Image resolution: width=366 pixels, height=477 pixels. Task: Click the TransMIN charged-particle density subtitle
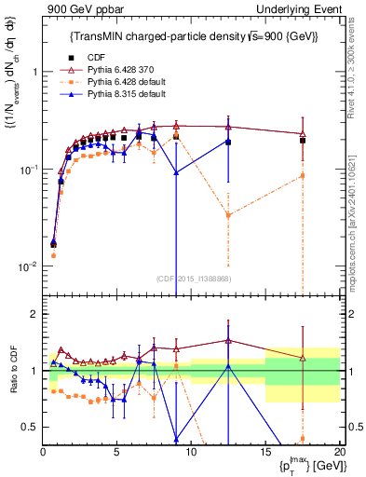click(193, 36)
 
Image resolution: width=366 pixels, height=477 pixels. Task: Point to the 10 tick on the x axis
click(191, 452)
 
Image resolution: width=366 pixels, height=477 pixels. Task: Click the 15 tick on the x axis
click(265, 452)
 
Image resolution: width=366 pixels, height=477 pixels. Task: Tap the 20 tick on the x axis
click(339, 452)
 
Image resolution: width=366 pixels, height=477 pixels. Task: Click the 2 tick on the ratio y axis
click(34, 314)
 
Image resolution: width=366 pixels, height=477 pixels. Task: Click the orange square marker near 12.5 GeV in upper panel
click(228, 215)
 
